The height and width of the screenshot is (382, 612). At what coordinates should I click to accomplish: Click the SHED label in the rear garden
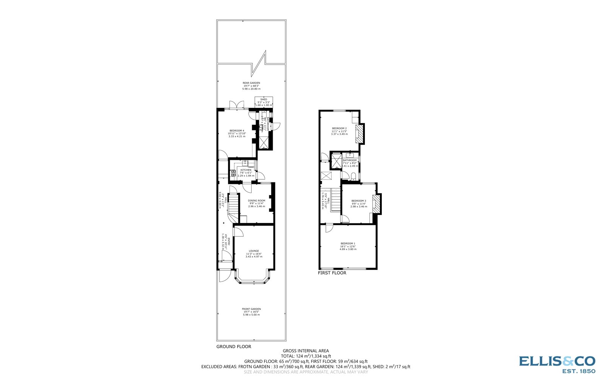(x=264, y=99)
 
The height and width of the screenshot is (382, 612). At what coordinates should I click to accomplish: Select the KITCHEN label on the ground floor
(x=246, y=170)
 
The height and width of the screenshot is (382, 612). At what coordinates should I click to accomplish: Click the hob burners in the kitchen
(x=233, y=173)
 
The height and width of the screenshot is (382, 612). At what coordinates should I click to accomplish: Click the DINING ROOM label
(x=256, y=201)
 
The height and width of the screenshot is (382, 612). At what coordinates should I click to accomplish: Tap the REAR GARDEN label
(x=251, y=83)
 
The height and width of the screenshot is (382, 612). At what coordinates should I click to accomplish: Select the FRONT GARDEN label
(x=251, y=309)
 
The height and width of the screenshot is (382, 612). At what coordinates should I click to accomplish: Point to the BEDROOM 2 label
(x=339, y=128)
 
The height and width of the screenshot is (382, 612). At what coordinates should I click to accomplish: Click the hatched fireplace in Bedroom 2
(x=359, y=134)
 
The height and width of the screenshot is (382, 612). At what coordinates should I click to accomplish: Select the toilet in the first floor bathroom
(x=353, y=176)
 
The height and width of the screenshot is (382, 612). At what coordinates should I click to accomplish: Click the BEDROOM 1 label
(x=348, y=244)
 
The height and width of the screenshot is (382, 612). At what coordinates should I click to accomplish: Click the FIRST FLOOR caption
(x=332, y=273)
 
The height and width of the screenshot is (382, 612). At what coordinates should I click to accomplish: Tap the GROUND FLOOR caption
(x=234, y=347)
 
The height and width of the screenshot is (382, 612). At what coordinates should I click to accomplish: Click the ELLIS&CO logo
(x=557, y=363)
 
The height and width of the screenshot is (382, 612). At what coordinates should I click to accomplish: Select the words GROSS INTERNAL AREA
(x=306, y=351)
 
